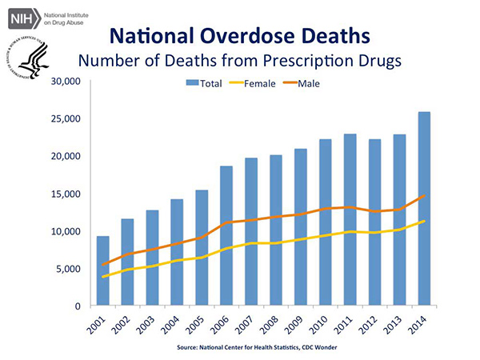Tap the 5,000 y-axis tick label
click(69, 269)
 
